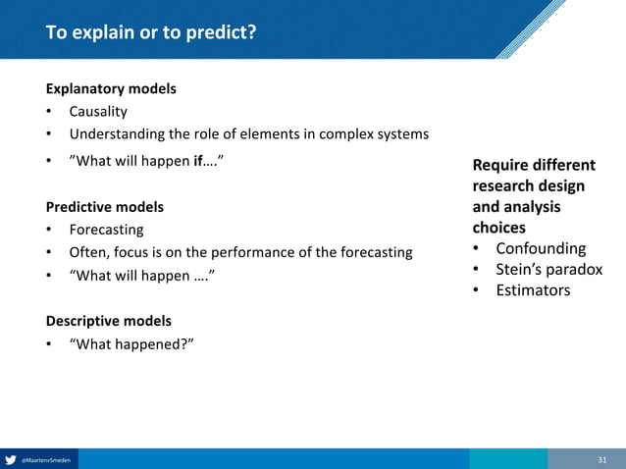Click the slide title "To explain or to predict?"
[151, 33]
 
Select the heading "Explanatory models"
[111, 88]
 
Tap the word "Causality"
[98, 112]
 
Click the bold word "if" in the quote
[198, 159]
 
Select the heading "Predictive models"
[105, 207]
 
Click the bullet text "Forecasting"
[106, 230]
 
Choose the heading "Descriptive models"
[109, 321]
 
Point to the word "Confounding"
[541, 248]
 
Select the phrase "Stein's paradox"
[548, 269]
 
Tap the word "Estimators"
[533, 289]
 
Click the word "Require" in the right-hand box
[502, 165]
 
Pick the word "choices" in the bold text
[498, 228]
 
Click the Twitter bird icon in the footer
[11, 459]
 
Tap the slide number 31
[603, 459]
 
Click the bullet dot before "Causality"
[49, 112]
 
